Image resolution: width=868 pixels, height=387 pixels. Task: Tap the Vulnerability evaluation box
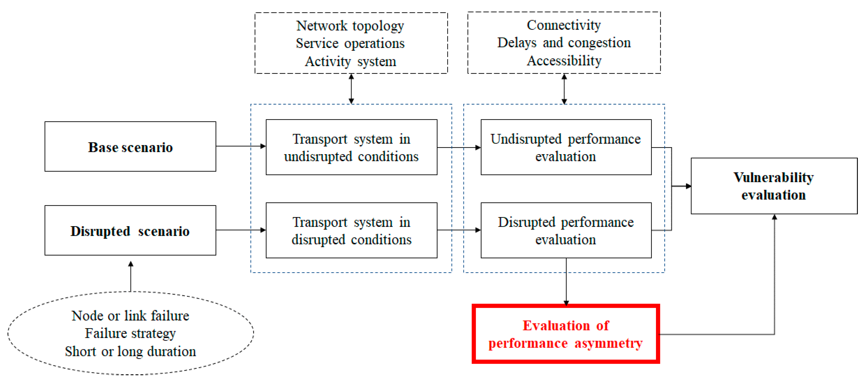coord(774,186)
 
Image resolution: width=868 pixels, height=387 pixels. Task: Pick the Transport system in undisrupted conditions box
coord(351,147)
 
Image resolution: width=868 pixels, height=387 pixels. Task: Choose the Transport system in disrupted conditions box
coord(351,231)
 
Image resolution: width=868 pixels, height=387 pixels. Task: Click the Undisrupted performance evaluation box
coord(566,147)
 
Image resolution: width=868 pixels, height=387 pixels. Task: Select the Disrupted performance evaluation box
coord(566,231)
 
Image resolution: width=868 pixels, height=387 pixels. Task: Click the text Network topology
coord(350,26)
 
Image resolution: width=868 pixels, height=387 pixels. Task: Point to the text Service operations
coord(350,43)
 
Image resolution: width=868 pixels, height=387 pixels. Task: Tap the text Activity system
coord(350,61)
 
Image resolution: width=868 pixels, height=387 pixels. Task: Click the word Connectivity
coord(564,25)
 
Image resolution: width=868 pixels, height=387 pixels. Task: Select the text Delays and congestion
coord(564,43)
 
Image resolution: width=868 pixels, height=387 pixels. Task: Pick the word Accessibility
coord(564,61)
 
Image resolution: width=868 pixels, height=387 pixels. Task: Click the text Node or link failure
coord(130,316)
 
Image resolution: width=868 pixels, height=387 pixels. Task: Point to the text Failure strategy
coord(130,333)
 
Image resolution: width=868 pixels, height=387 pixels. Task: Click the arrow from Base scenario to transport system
coord(241,146)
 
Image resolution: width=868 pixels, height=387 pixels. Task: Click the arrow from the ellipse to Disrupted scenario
coord(131,276)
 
